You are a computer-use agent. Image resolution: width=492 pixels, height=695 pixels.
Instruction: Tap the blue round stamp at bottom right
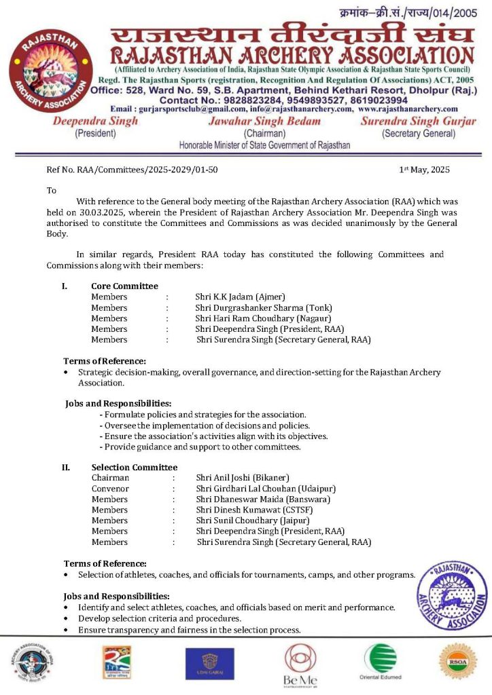pyautogui.click(x=453, y=591)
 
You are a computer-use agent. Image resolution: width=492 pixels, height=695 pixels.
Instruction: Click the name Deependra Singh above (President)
pyautogui.click(x=95, y=121)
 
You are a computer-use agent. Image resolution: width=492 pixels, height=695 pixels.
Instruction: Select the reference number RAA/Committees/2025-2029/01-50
pyautogui.click(x=142, y=170)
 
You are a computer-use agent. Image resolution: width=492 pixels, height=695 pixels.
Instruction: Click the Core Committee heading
pyautogui.click(x=124, y=286)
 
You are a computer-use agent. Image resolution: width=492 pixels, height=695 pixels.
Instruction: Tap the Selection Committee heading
pyautogui.click(x=134, y=467)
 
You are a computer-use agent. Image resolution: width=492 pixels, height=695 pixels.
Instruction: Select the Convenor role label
pyautogui.click(x=110, y=489)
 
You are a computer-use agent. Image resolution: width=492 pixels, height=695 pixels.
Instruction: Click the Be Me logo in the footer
pyautogui.click(x=300, y=665)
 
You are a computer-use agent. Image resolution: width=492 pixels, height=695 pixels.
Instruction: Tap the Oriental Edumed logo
pyautogui.click(x=380, y=662)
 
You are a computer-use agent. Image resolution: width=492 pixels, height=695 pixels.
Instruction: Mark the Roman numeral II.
pyautogui.click(x=67, y=467)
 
